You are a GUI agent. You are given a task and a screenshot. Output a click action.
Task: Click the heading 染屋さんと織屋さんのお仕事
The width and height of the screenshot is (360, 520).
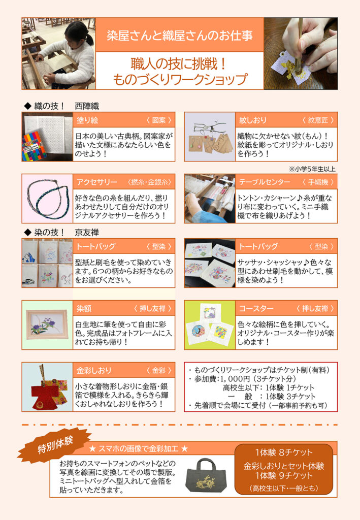tap(179, 36)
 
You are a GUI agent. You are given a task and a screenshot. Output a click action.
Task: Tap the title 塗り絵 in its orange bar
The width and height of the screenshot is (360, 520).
tap(87, 120)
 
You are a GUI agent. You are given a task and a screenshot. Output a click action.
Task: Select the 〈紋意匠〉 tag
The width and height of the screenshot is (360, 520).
tap(318, 120)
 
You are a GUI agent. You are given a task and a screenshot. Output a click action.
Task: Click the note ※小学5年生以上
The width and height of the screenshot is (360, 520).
tap(312, 169)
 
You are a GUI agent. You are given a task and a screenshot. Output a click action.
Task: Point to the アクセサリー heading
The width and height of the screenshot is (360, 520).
tap(97, 182)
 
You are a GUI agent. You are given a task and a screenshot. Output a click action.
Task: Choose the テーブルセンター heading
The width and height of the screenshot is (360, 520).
tap(265, 182)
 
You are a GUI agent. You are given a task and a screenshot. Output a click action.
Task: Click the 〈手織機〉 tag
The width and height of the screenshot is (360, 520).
tap(318, 182)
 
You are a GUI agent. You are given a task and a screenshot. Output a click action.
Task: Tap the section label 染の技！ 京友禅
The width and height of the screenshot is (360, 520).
tap(61, 233)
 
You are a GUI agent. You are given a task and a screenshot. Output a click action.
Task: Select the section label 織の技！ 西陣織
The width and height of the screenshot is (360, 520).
tap(61, 106)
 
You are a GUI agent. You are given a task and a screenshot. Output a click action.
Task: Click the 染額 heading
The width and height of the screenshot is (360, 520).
tap(84, 308)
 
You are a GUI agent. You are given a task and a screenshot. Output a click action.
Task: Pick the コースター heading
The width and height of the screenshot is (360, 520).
tap(256, 308)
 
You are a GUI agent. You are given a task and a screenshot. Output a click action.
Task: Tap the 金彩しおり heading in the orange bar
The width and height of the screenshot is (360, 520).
tap(94, 370)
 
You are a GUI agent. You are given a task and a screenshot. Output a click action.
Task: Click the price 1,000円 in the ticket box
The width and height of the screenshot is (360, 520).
tap(235, 379)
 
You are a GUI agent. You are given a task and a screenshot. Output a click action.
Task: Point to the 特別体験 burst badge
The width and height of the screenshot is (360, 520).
tap(54, 445)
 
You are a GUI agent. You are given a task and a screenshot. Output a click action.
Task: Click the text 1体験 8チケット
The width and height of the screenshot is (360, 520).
tap(284, 452)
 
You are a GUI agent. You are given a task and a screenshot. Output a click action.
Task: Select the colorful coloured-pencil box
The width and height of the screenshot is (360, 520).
tap(35, 146)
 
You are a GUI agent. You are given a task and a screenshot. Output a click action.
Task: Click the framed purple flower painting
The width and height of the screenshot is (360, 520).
tap(47, 325)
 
